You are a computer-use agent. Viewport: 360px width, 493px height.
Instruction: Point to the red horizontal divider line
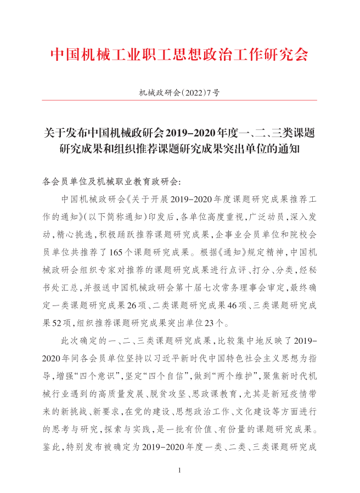click(x=179, y=100)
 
